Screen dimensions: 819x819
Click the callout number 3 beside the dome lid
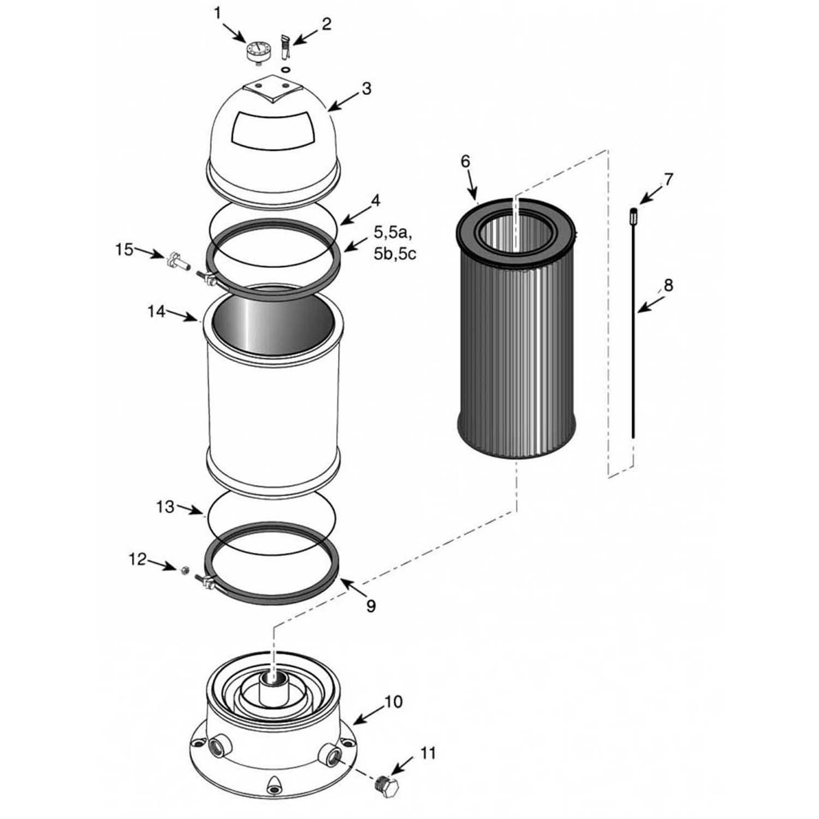click(x=366, y=88)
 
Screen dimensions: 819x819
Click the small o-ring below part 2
click(x=285, y=70)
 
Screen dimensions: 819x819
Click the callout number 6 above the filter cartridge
click(x=465, y=161)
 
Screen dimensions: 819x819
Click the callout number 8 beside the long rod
click(x=668, y=284)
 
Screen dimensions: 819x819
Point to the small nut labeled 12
click(x=185, y=570)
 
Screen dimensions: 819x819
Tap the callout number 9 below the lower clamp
click(x=371, y=606)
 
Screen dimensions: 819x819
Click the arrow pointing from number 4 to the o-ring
click(x=355, y=213)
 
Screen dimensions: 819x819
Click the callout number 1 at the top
click(x=218, y=13)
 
